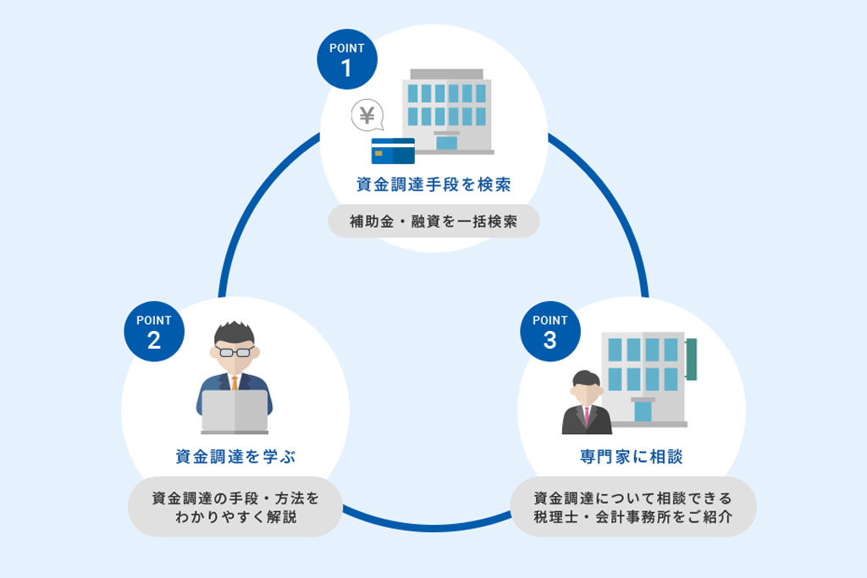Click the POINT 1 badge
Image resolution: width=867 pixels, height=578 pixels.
pos(346,59)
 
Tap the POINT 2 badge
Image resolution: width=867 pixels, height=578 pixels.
pos(154,332)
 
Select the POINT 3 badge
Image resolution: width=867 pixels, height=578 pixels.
pos(550,332)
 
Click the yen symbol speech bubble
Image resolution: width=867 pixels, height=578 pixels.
pos(367,115)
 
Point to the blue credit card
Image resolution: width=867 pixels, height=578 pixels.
pos(393,151)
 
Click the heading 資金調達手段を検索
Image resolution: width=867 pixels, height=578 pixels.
pos(433,184)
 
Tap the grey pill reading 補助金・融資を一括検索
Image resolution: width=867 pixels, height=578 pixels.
pos(433,221)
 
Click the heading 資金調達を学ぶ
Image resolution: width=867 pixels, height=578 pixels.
pos(235,456)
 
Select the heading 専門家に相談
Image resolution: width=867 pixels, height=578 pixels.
pos(632,456)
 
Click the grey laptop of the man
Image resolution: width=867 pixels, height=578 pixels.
pos(235,411)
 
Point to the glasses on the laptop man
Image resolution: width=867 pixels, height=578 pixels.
pos(235,352)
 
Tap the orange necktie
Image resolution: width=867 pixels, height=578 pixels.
pos(235,383)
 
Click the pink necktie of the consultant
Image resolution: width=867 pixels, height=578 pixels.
pos(587,416)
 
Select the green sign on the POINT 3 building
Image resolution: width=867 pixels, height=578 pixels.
pos(691,359)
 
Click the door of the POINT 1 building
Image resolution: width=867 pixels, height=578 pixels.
pos(446,142)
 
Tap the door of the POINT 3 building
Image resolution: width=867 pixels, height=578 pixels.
pos(643,411)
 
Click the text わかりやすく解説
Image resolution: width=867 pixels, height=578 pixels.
pos(236,517)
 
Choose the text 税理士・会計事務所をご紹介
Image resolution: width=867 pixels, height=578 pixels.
pos(633,517)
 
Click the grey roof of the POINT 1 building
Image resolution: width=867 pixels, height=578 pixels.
pos(447,74)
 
